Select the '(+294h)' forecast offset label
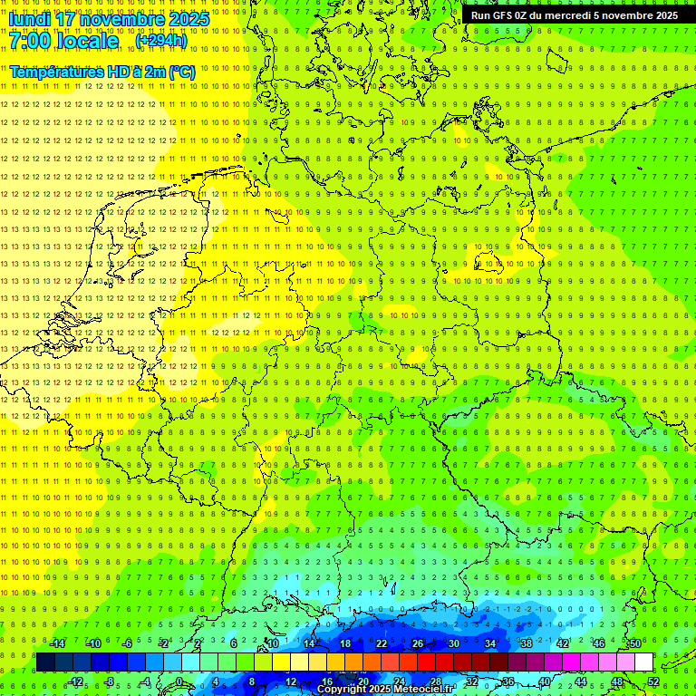[161, 41]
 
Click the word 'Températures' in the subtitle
[54, 72]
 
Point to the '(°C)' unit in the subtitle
[181, 72]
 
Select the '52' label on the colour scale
[653, 681]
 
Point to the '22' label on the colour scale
[382, 643]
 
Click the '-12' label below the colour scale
[75, 681]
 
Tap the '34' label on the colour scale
[490, 643]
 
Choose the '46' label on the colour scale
[599, 643]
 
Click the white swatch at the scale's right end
[644, 662]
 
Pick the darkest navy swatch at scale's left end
[45, 662]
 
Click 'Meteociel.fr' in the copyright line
[423, 690]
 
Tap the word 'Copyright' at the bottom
[341, 690]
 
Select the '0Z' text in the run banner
[527, 15]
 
